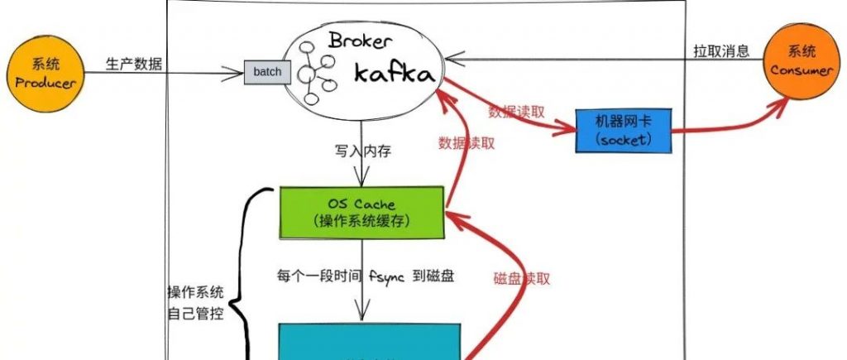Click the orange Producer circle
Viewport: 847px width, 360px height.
pyautogui.click(x=47, y=72)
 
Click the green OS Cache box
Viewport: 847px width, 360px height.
pyautogui.click(x=361, y=212)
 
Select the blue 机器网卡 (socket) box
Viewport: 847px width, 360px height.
pyautogui.click(x=624, y=130)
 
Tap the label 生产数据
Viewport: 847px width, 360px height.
pyautogui.click(x=134, y=64)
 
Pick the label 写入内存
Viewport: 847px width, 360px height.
pyautogui.click(x=361, y=151)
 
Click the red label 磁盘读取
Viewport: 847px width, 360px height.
pyautogui.click(x=522, y=278)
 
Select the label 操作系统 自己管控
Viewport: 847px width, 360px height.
pyautogui.click(x=194, y=303)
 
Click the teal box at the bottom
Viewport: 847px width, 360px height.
pyautogui.click(x=368, y=343)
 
